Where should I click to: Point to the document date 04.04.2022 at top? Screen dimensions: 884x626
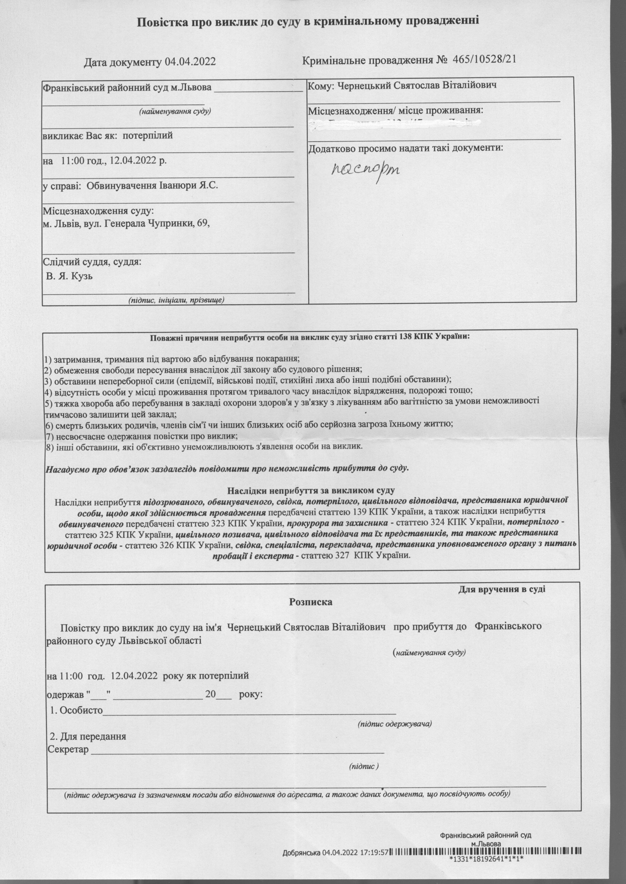[x=190, y=62]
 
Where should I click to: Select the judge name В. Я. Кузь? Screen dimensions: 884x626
[x=69, y=277]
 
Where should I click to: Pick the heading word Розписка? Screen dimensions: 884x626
[x=311, y=602]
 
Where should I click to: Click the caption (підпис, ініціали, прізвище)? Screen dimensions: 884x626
[x=176, y=300]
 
